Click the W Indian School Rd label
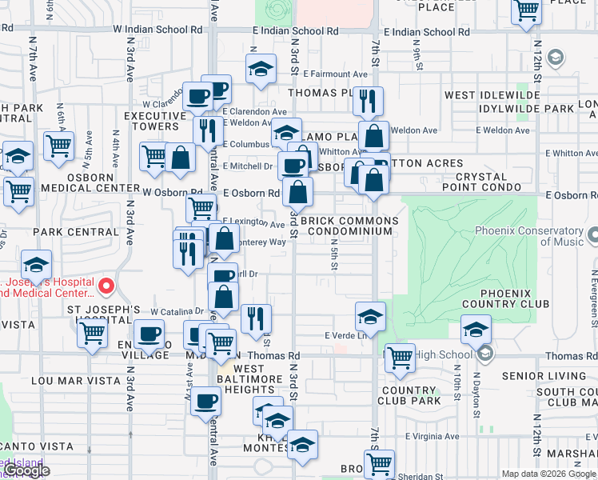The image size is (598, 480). click(x=157, y=28)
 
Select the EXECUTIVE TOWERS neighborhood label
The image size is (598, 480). click(x=150, y=121)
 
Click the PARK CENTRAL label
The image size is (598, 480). click(x=76, y=232)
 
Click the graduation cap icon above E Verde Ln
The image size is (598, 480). click(x=370, y=317)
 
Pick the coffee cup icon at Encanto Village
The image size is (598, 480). click(x=148, y=334)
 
